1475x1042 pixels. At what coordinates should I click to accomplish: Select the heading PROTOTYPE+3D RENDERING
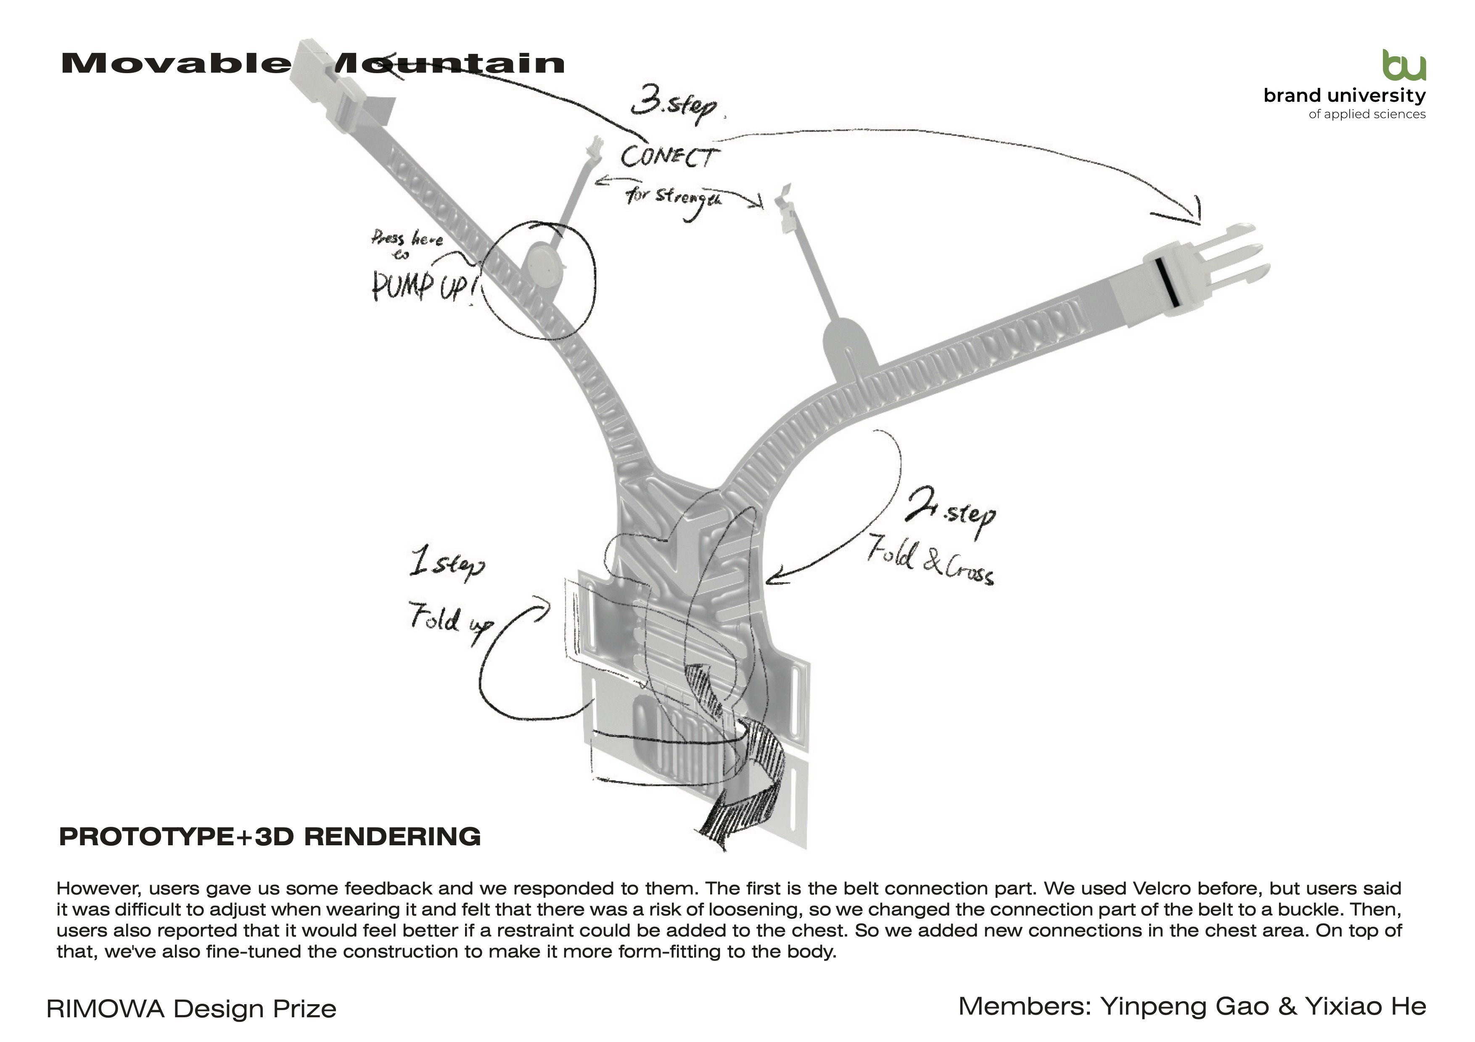pos(270,836)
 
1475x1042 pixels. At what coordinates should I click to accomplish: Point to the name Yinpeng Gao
pos(1184,1006)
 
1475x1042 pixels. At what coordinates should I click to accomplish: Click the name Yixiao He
pos(1365,1006)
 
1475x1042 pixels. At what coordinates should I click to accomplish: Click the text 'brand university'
pos(1344,96)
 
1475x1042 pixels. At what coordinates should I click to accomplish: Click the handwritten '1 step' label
pos(447,565)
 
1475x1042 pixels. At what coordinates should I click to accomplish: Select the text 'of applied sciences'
pos(1367,114)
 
